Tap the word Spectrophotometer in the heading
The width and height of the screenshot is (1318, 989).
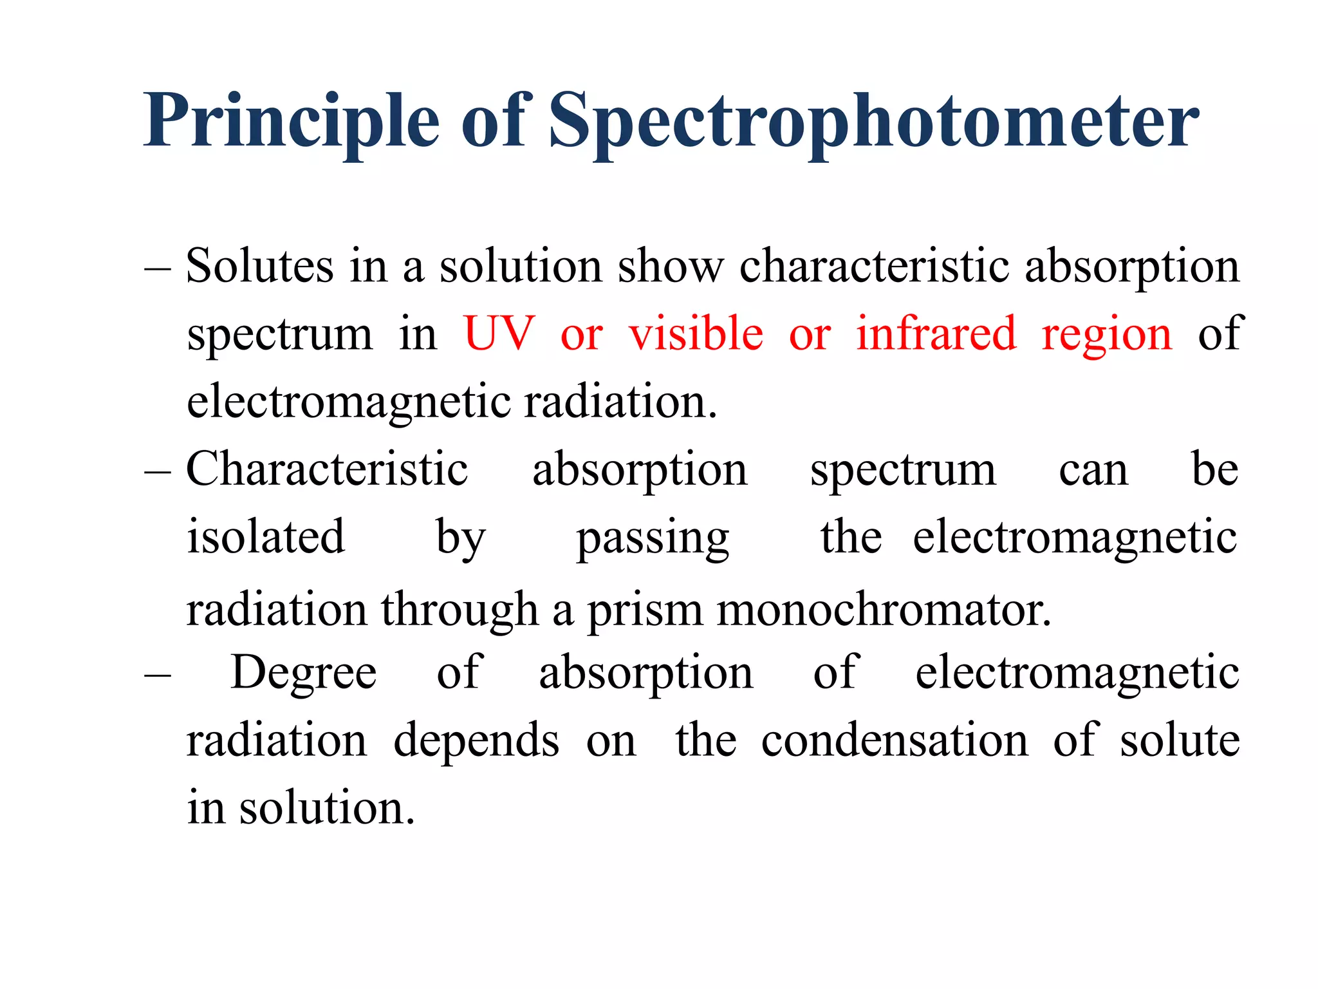[x=873, y=121]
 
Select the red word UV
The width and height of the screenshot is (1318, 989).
[x=499, y=334]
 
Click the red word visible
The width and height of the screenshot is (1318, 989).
[x=696, y=334]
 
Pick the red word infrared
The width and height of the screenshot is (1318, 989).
[x=936, y=334]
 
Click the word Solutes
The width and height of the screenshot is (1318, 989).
[x=260, y=265]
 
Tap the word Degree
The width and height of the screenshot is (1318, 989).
[x=304, y=673]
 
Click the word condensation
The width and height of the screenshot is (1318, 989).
[x=895, y=740]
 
